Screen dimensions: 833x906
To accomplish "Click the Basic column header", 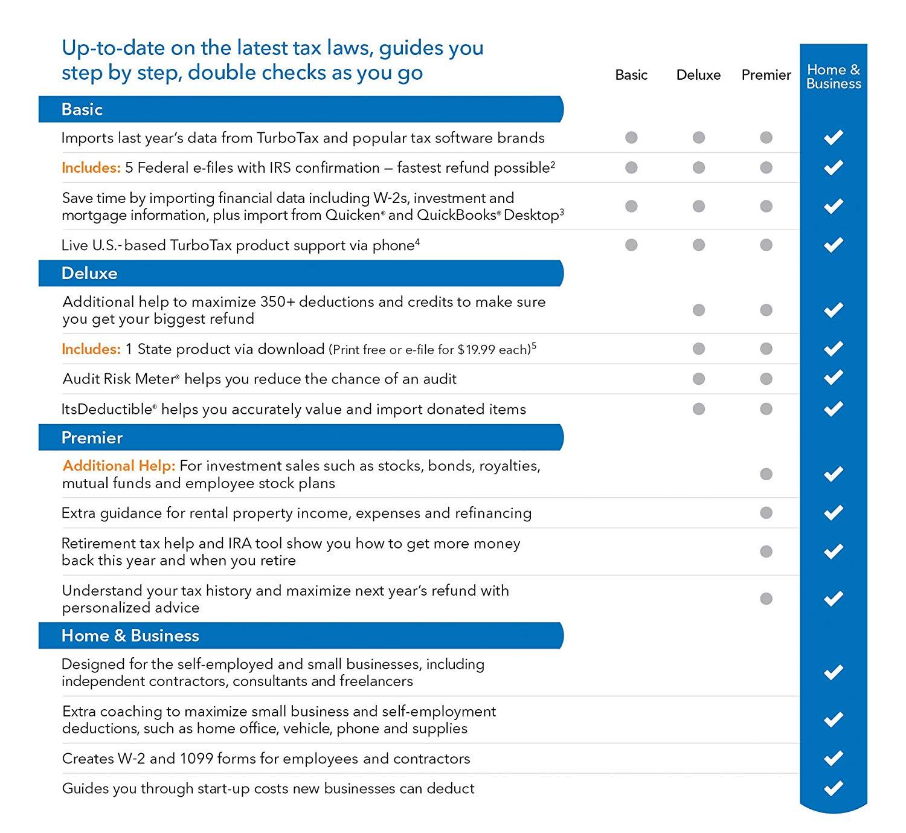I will pos(631,75).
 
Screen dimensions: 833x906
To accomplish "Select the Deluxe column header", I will pos(698,75).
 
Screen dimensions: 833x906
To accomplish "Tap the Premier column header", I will pos(766,75).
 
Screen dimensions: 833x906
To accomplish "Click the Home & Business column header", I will pos(834,77).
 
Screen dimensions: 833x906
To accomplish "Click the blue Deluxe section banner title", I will pos(89,274).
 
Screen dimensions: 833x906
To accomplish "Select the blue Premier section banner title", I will pos(92,438).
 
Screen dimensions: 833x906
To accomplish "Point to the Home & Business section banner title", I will pos(130,636).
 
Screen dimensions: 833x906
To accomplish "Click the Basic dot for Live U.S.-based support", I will pos(631,245).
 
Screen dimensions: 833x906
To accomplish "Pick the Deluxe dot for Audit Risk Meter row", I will pos(699,379).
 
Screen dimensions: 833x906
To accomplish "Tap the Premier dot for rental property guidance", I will pos(766,513).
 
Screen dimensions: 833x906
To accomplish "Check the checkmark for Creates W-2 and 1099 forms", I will pos(834,758).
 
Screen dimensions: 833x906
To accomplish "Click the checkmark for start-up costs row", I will pos(834,788).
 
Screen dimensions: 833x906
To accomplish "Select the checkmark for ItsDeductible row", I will pos(834,409).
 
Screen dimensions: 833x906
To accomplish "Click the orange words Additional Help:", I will pos(119,466).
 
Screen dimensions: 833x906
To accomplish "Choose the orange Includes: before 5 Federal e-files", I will pos(91,168).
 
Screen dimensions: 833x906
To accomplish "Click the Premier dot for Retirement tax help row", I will pos(766,552).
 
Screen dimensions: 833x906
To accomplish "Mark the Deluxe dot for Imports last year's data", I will pos(699,138).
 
